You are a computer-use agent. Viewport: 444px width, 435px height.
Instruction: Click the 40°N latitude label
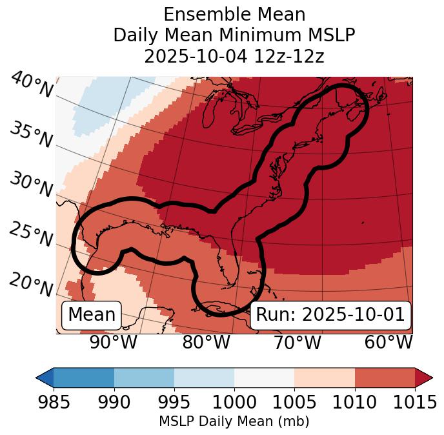pos(31,85)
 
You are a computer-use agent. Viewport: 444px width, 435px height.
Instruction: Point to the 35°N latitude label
pos(30,135)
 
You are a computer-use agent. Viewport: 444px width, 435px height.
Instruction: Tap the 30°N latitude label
pos(30,185)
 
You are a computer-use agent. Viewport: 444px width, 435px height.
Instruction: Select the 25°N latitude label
pos(30,234)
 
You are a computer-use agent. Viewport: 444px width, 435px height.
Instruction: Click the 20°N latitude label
pos(30,284)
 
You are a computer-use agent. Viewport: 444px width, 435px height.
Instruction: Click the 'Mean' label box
pos(92,315)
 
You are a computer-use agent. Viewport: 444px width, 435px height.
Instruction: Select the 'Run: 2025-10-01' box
pos(330,315)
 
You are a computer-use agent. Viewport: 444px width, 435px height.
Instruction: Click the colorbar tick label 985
pos(54,402)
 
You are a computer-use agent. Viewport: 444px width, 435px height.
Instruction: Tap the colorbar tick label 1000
pos(234,402)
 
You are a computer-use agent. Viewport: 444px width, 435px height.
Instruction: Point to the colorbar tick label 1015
pos(414,402)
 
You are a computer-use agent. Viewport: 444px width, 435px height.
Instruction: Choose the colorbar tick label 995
pos(174,402)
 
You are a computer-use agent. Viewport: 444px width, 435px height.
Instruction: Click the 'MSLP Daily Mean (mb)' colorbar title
pos(234,421)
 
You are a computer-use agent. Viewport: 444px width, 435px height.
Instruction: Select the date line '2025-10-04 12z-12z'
pos(234,56)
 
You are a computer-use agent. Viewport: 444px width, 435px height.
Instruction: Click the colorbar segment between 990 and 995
pos(144,378)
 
